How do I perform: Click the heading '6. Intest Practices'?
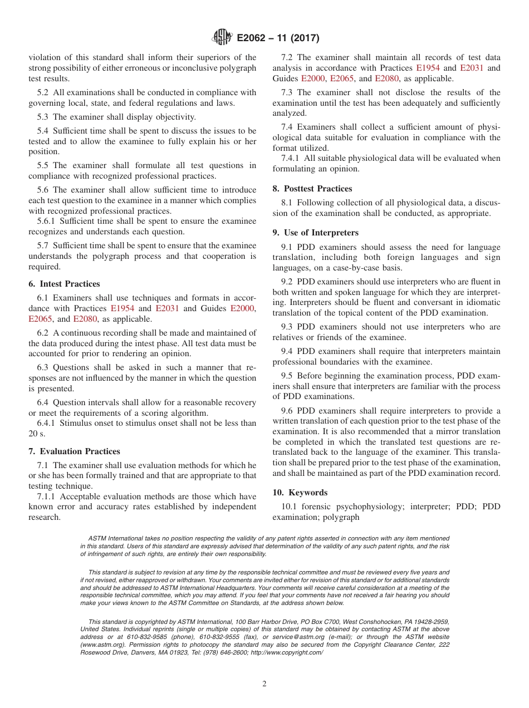64,284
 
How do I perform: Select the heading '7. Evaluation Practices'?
74,451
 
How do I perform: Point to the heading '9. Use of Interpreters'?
315,233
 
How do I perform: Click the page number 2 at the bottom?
264,684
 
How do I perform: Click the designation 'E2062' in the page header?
252,38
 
